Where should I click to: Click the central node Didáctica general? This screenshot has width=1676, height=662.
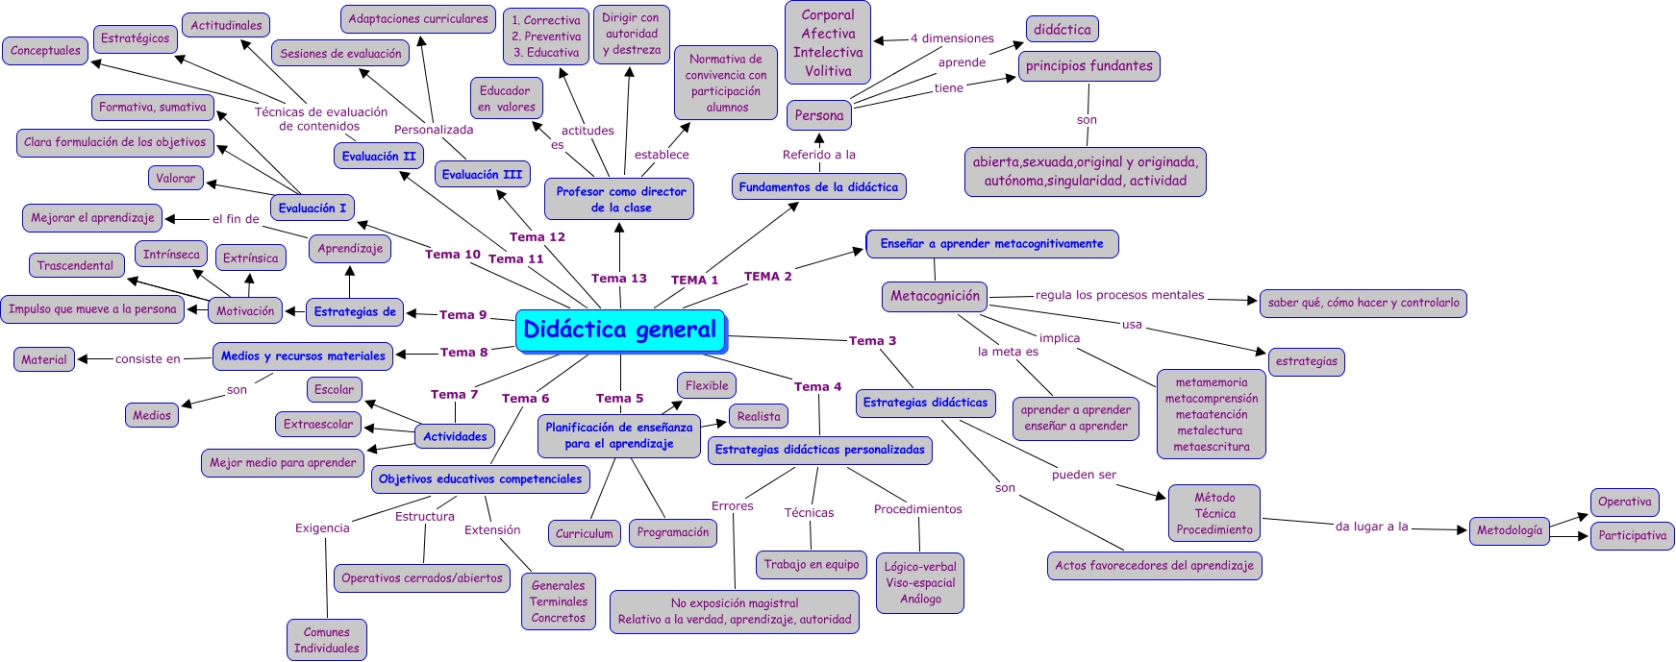620,331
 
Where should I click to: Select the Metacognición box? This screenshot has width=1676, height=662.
935,296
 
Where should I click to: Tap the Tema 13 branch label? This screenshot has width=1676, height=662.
619,279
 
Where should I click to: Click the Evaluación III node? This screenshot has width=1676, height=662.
482,174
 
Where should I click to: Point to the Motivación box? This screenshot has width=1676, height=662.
245,310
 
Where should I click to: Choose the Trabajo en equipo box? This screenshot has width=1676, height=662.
812,564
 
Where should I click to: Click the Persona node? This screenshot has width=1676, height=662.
819,115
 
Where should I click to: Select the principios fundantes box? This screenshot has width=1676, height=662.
1088,65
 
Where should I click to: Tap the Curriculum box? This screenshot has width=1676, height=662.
584,533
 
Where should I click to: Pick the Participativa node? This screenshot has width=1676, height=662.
1632,535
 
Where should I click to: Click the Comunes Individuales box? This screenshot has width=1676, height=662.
326,640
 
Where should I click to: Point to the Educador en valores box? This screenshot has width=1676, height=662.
506,98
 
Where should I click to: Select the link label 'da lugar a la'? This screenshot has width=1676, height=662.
1371,526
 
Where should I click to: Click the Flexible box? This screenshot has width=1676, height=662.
707,385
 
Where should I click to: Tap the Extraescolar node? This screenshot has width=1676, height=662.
318,424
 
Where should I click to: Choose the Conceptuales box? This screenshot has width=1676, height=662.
45,50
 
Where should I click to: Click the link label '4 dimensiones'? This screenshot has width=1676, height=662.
952,38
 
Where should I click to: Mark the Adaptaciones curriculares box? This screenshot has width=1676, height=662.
418,18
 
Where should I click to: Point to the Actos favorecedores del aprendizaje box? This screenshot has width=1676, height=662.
1154,565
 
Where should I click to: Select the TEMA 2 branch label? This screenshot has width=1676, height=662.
767,277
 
